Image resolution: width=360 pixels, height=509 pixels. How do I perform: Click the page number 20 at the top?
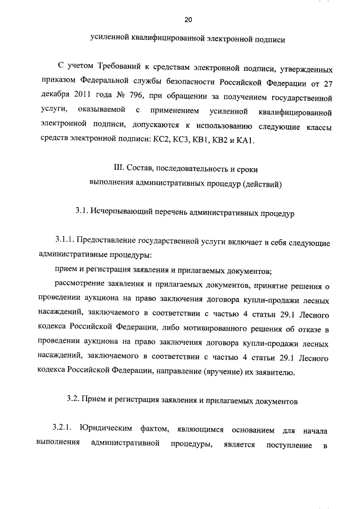(188, 21)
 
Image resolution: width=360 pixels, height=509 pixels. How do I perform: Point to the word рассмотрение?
(79, 286)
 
